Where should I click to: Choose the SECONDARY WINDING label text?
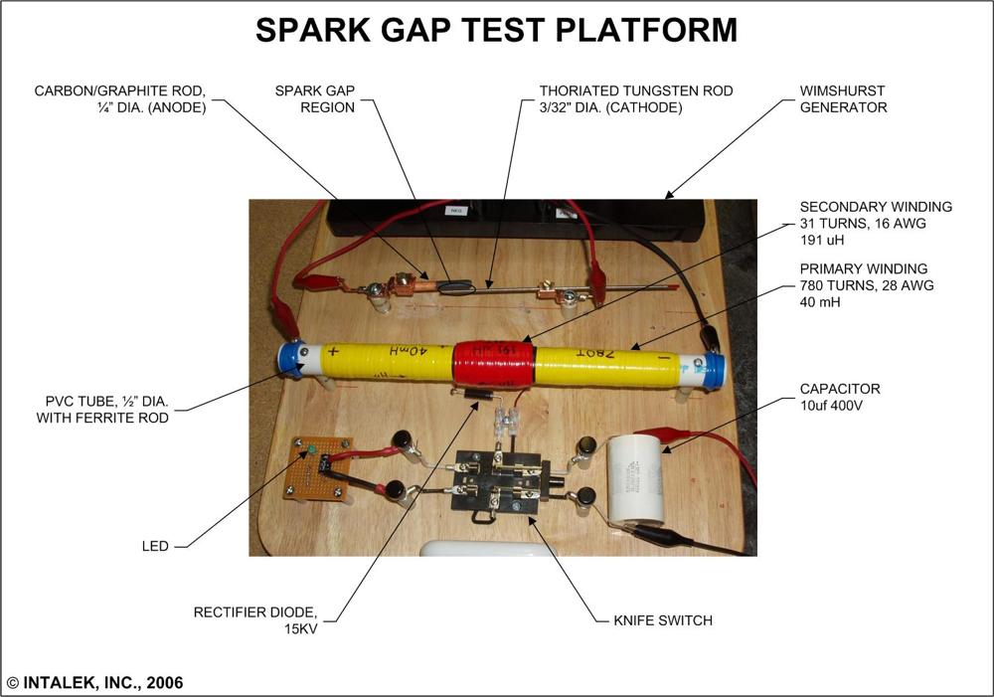pyautogui.click(x=876, y=207)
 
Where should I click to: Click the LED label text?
pyautogui.click(x=155, y=546)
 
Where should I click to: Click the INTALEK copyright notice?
pyautogui.click(x=94, y=683)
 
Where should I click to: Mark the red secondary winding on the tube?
pyautogui.click(x=494, y=364)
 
